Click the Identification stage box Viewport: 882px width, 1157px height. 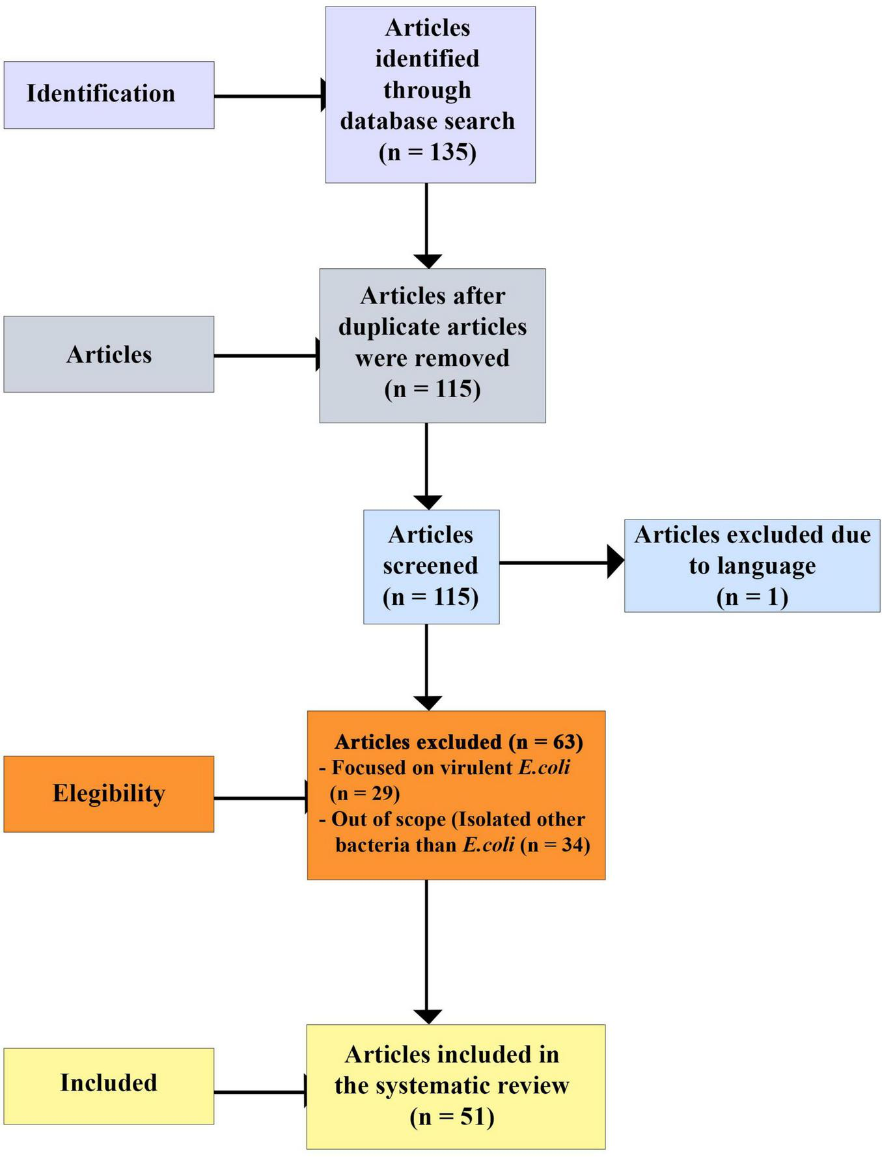[x=109, y=95]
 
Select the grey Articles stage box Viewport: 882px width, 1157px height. [x=109, y=354]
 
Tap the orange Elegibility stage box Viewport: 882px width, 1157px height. [x=109, y=794]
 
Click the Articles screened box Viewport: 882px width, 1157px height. [x=431, y=566]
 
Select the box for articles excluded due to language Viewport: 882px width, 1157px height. [x=752, y=566]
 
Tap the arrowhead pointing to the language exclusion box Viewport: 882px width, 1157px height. [x=615, y=562]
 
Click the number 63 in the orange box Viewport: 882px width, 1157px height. [x=566, y=742]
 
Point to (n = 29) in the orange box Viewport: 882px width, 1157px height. [x=365, y=794]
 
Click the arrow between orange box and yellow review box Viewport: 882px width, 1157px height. [x=427, y=951]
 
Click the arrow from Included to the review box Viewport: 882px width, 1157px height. [x=260, y=1092]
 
